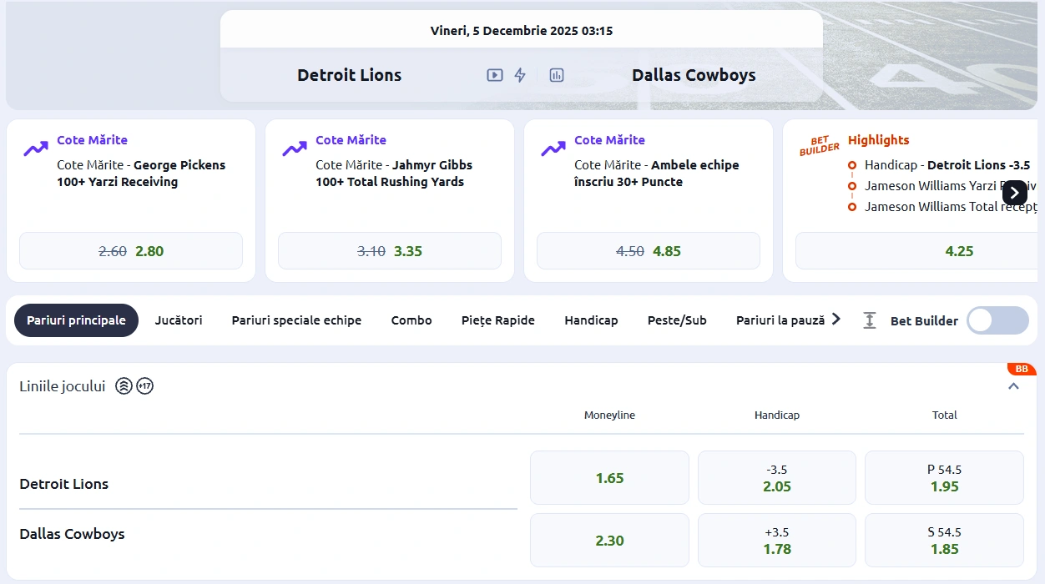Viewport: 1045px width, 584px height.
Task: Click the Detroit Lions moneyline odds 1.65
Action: click(x=609, y=478)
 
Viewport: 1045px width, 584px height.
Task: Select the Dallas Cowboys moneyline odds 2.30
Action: click(x=609, y=541)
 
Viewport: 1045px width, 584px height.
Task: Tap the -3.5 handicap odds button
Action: click(x=776, y=478)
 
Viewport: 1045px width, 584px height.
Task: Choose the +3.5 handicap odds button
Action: click(x=776, y=541)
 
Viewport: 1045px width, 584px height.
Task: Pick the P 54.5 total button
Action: click(x=944, y=478)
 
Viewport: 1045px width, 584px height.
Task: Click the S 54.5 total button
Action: click(x=944, y=541)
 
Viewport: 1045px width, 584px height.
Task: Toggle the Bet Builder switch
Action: click(x=997, y=320)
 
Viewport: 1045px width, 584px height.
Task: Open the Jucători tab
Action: click(x=179, y=320)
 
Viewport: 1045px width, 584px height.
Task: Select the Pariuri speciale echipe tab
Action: click(x=296, y=320)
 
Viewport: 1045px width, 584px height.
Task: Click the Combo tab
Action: click(x=411, y=320)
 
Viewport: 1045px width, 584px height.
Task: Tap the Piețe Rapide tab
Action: click(x=498, y=320)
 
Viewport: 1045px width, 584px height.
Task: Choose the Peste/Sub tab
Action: click(x=677, y=320)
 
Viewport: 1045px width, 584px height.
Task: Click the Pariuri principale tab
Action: click(x=76, y=320)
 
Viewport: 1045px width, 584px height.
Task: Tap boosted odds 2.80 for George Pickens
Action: click(x=131, y=251)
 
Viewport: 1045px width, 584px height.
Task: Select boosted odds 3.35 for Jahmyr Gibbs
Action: click(x=390, y=251)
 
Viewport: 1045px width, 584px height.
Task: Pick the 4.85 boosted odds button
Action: click(x=649, y=251)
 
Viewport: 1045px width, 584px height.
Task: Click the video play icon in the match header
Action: click(x=495, y=75)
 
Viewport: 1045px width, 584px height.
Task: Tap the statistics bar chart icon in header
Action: click(x=557, y=75)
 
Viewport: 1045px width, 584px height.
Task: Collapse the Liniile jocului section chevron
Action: click(x=1013, y=386)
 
